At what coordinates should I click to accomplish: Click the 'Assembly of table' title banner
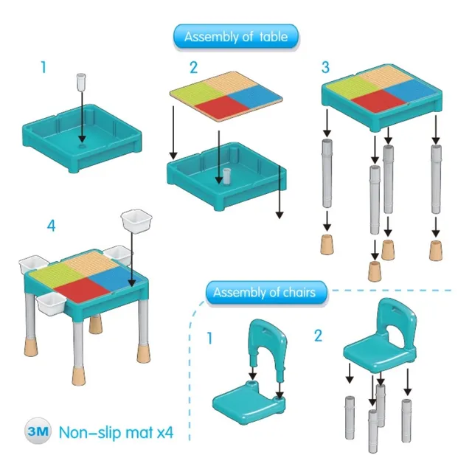point(236,36)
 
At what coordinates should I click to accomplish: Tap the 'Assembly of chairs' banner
point(266,292)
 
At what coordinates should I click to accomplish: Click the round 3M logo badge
point(38,431)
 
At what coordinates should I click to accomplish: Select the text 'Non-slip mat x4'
point(117,433)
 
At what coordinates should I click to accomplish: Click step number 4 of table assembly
point(51,226)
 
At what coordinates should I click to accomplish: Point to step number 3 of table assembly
point(325,67)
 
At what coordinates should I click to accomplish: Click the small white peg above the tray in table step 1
point(81,82)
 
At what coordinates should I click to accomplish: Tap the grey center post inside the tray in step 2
point(226,176)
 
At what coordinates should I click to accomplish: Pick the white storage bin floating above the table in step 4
point(136,221)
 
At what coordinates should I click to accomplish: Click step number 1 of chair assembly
point(209,338)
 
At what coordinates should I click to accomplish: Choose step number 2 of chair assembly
point(318,336)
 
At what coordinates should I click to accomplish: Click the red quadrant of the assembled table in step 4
point(82,290)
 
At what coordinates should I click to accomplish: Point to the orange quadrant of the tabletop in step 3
point(386,77)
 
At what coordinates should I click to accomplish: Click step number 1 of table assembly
point(44,67)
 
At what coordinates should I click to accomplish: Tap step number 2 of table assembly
point(193,67)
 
